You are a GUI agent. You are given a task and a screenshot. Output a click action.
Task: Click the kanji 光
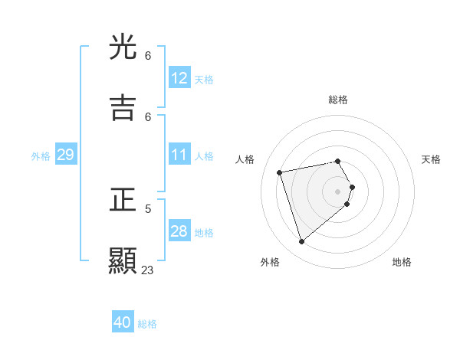click(123, 48)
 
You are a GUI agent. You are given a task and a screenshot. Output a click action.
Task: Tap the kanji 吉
click(123, 108)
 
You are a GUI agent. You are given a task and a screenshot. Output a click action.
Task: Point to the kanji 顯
click(123, 260)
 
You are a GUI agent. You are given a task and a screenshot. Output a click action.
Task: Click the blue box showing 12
click(179, 78)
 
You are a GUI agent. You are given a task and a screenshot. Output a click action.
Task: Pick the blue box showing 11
click(179, 155)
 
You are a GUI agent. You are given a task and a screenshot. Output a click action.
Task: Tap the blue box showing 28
click(179, 231)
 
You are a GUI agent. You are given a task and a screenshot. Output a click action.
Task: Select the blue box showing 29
click(66, 155)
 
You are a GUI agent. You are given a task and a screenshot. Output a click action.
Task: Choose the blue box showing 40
click(123, 322)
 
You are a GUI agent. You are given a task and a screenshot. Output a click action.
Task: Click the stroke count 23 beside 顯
click(147, 270)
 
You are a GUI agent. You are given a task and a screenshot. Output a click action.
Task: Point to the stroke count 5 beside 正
click(148, 208)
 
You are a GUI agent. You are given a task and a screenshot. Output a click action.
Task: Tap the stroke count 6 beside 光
click(148, 56)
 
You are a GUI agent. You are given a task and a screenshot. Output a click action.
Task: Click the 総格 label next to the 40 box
click(147, 324)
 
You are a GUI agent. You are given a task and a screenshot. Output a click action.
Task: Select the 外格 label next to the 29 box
click(41, 156)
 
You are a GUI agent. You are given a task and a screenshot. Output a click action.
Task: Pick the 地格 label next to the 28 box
click(204, 233)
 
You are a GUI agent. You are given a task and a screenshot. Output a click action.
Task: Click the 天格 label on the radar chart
click(432, 159)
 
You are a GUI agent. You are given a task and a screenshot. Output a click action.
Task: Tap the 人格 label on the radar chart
click(245, 159)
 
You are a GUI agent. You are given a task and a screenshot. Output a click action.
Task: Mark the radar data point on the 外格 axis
click(301, 242)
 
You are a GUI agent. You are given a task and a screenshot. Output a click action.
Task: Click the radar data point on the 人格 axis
click(280, 172)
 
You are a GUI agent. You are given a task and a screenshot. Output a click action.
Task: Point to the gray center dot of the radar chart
click(338, 191)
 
